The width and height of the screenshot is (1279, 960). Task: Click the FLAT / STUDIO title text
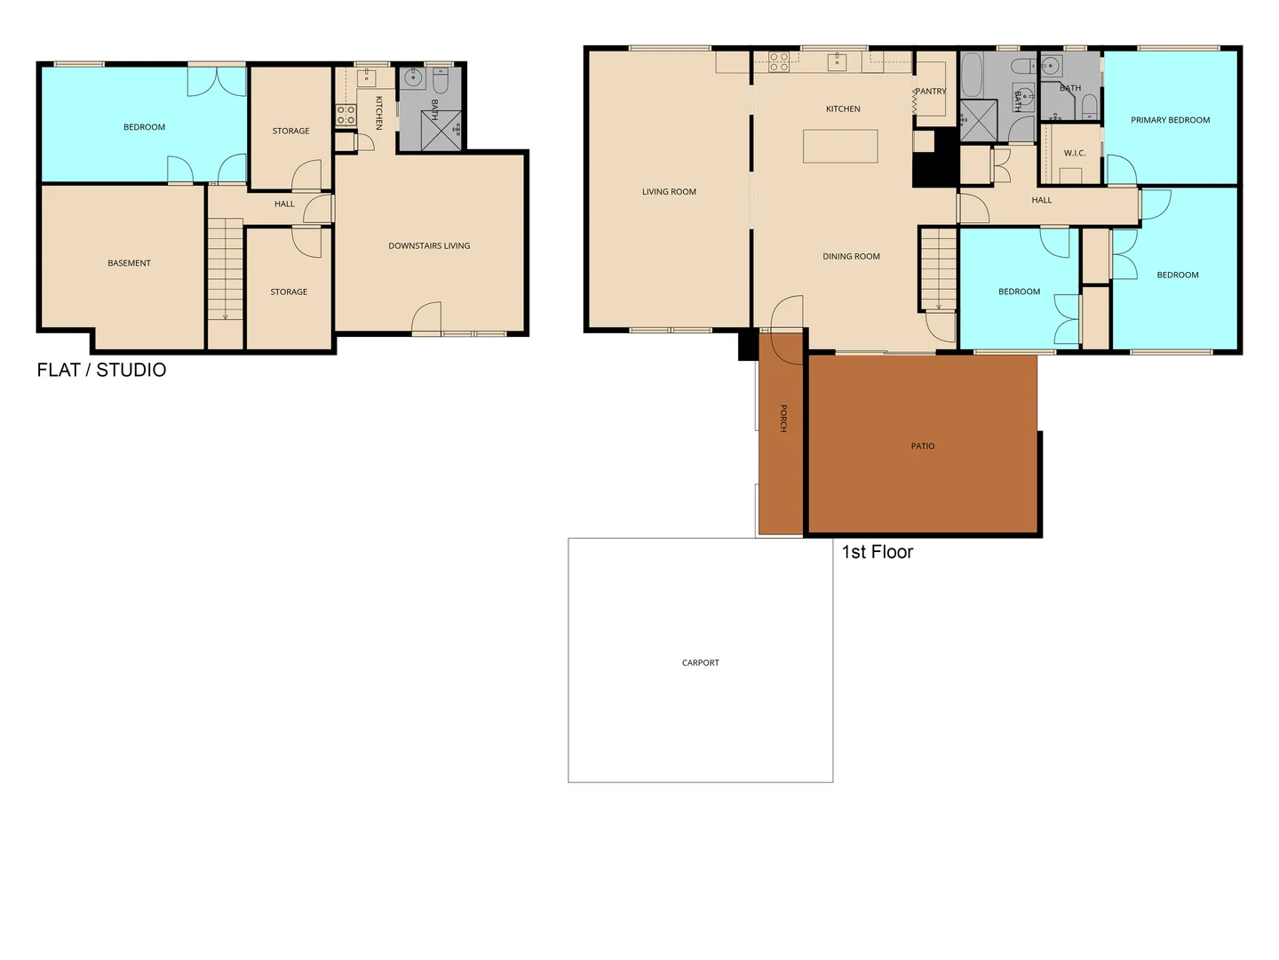point(101,370)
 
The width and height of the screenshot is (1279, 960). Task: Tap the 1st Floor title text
point(877,552)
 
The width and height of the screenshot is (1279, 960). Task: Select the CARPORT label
point(701,662)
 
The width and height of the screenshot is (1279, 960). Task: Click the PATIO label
point(923,446)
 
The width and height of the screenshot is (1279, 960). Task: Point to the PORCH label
point(783,418)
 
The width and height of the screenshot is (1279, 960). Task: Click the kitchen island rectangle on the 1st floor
point(840,146)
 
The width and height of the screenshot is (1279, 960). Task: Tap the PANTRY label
point(931,92)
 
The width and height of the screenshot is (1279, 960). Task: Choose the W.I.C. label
point(1075,153)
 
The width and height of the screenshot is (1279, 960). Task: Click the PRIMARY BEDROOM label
point(1170,120)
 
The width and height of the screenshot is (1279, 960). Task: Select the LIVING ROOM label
point(669,192)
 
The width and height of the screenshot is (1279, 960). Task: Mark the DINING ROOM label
point(851,256)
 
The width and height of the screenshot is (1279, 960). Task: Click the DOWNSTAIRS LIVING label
point(429,246)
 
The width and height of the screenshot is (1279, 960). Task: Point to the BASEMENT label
point(129,263)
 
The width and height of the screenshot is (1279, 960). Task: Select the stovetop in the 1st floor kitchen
point(779,61)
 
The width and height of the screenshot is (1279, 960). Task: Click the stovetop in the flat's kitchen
point(346,115)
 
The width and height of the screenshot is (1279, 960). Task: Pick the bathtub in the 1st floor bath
point(972,75)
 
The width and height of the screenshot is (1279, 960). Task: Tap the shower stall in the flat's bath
point(441,130)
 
